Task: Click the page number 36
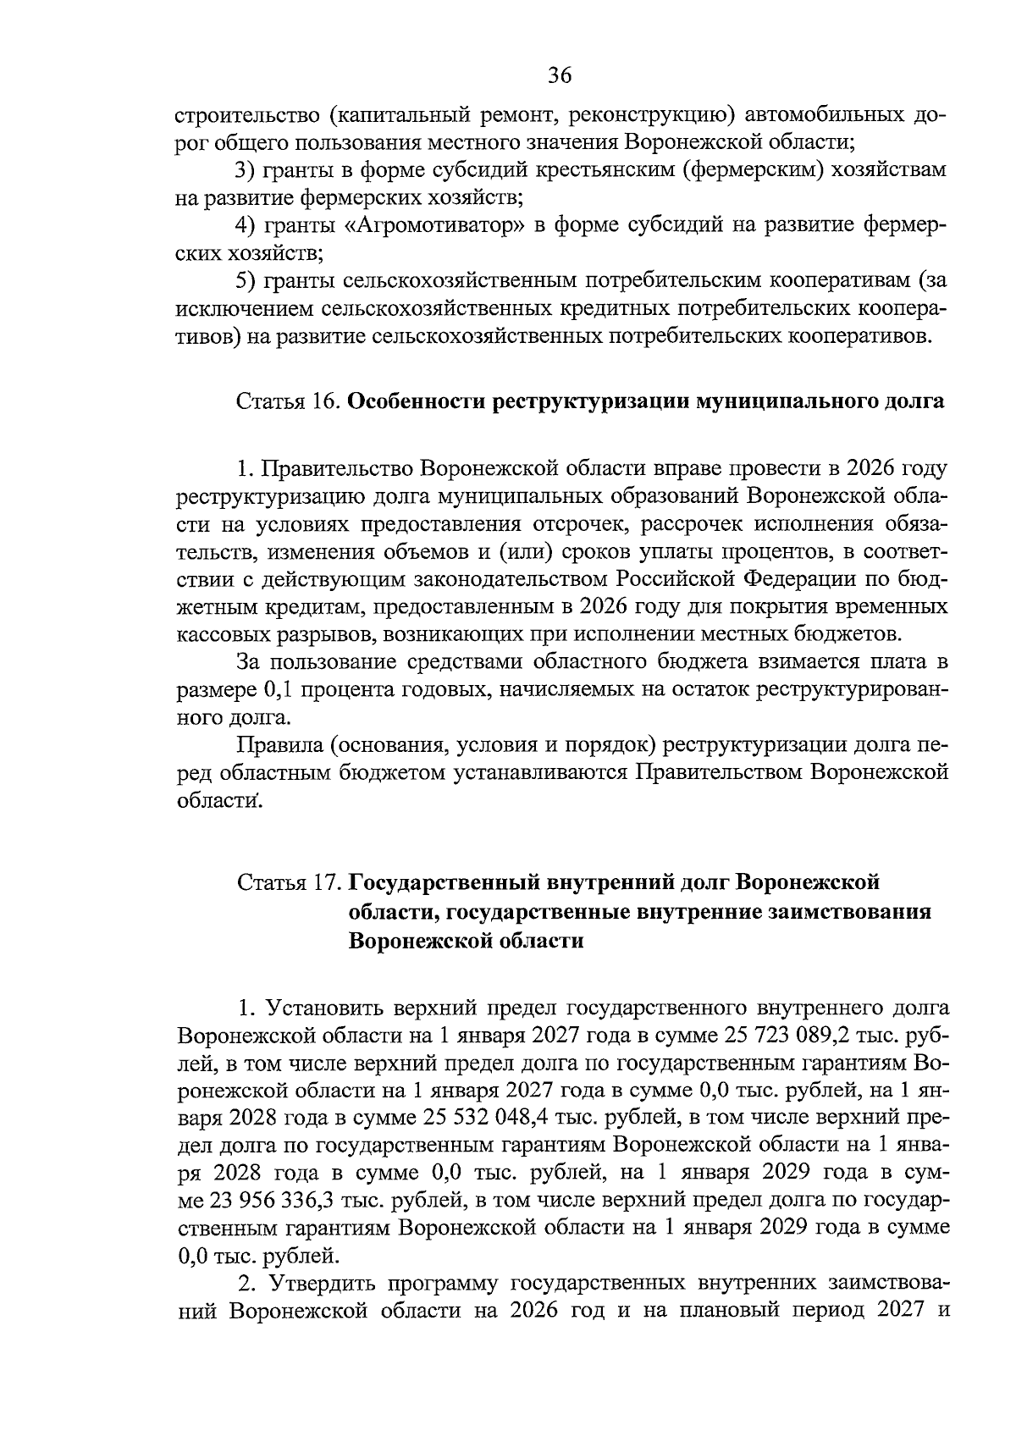560,75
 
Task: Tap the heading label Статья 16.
288,401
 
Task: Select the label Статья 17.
288,882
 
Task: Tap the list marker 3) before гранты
246,169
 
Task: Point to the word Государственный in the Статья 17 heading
451,882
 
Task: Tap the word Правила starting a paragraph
278,745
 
